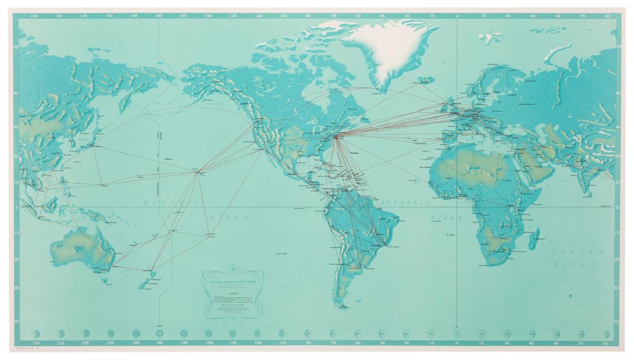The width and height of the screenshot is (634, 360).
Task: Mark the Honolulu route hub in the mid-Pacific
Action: coord(198,171)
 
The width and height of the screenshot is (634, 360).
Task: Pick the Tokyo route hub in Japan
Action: coord(93,145)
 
